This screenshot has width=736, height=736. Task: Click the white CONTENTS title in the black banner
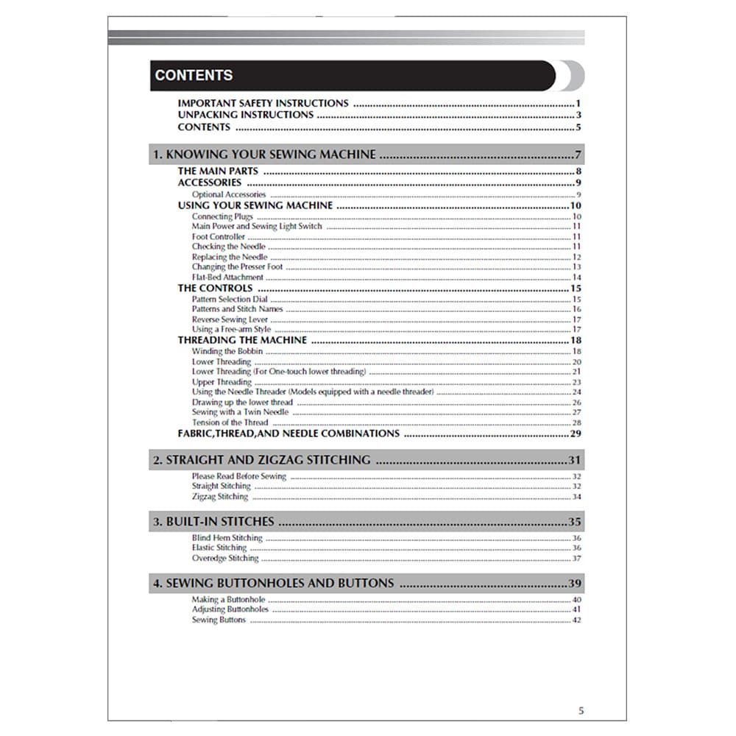[194, 75]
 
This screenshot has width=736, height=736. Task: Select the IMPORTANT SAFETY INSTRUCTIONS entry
[263, 104]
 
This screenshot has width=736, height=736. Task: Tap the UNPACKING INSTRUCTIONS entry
[245, 115]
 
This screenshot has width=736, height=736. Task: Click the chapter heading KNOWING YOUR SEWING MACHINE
[263, 155]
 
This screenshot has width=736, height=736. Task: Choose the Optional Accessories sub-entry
[228, 195]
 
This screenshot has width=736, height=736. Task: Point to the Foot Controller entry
[219, 237]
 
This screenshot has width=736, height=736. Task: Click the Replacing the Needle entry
[230, 257]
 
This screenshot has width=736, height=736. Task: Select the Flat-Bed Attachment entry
[227, 277]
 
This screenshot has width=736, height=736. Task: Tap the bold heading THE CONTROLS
[215, 289]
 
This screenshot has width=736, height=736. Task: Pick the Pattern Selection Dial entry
[230, 300]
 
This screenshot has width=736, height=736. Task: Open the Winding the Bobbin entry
[227, 351]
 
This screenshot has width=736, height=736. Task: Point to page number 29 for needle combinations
[576, 434]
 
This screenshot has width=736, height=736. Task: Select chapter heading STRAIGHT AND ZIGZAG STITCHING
[261, 460]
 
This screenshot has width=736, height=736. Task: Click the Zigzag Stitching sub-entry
[220, 497]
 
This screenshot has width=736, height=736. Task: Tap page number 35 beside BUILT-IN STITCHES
[575, 522]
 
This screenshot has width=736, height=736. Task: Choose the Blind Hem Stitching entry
[227, 538]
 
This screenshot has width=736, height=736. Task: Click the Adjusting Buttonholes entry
[230, 609]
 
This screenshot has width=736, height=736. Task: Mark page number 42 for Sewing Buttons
[576, 620]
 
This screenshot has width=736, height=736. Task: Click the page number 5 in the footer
[581, 710]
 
